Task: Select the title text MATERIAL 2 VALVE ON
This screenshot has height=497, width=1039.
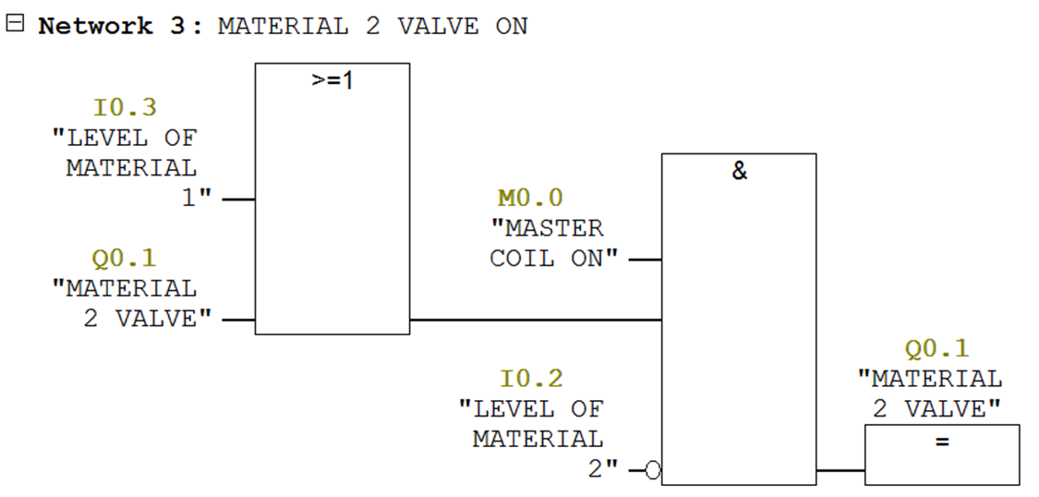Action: pos(372,26)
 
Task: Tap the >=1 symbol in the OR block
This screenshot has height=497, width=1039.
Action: pos(332,80)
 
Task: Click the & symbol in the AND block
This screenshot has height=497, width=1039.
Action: pos(739,171)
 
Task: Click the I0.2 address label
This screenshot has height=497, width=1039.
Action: pos(531,379)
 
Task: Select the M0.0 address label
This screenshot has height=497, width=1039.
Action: pos(530,198)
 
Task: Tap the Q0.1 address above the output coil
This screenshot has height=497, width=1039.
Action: pos(936,348)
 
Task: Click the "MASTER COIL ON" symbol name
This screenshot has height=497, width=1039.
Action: pos(552,243)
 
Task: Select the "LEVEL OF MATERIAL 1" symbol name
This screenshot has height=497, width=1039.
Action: pos(128,167)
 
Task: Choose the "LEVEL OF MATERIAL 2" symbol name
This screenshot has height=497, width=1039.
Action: pos(536,439)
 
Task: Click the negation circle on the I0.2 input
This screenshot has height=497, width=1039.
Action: pos(653,471)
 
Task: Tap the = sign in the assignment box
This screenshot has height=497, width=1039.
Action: pos(942,442)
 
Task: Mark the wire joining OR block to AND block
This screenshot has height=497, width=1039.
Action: pos(536,321)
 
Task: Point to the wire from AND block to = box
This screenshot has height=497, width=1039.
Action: pos(840,471)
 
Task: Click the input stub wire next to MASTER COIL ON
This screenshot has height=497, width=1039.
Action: pos(645,260)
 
